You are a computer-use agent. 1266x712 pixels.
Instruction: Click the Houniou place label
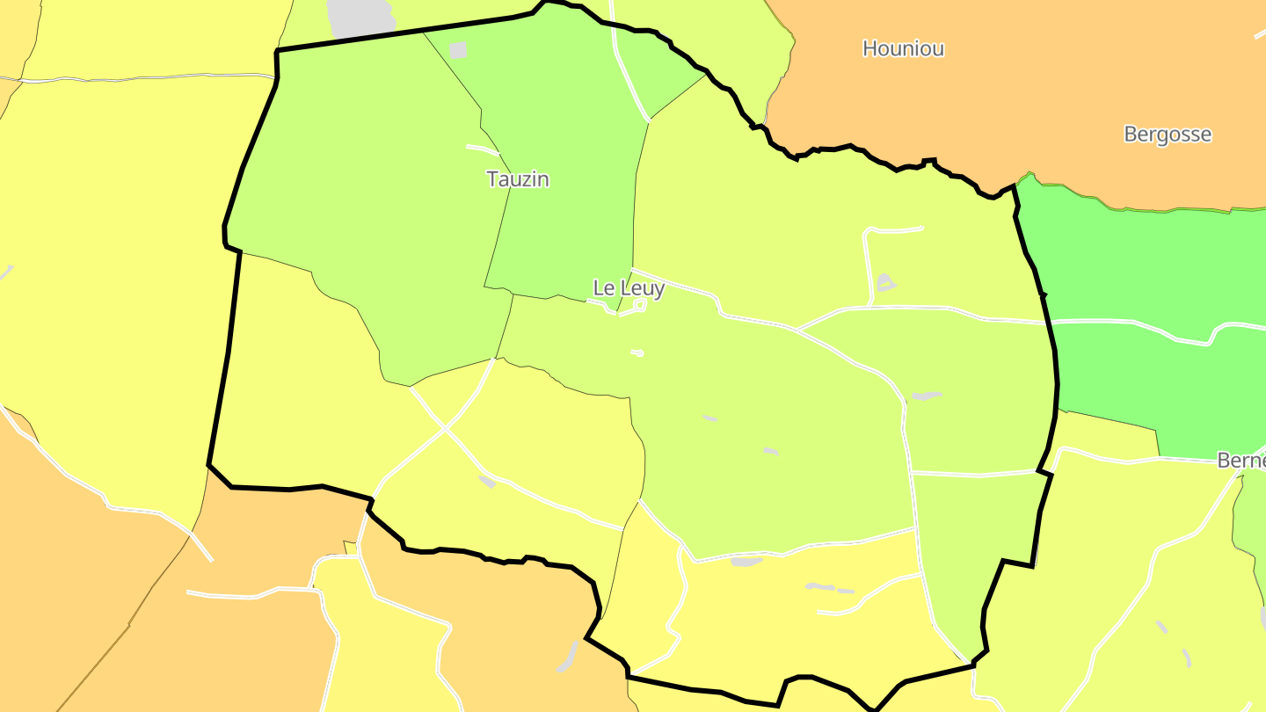pyautogui.click(x=903, y=48)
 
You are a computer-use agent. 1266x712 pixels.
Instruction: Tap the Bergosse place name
pyautogui.click(x=1168, y=134)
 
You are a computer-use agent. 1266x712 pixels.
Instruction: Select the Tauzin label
pyautogui.click(x=518, y=179)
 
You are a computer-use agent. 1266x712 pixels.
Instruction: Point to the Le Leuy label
pyautogui.click(x=629, y=288)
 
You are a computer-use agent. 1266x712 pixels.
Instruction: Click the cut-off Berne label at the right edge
pyautogui.click(x=1241, y=461)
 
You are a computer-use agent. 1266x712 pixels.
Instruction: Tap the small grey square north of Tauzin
pyautogui.click(x=458, y=50)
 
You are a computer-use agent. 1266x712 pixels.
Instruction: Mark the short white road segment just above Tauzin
pyautogui.click(x=483, y=149)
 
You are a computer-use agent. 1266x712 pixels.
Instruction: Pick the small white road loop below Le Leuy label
pyautogui.click(x=639, y=305)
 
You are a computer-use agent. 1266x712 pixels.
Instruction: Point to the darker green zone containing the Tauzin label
pyautogui.click(x=563, y=176)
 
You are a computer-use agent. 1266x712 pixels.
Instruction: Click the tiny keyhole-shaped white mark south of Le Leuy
pyautogui.click(x=637, y=353)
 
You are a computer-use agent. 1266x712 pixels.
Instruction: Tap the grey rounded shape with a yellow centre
pyautogui.click(x=885, y=282)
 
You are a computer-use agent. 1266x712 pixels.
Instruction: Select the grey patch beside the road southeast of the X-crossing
pyautogui.click(x=487, y=481)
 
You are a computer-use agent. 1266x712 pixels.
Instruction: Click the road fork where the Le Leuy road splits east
pyautogui.click(x=797, y=330)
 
